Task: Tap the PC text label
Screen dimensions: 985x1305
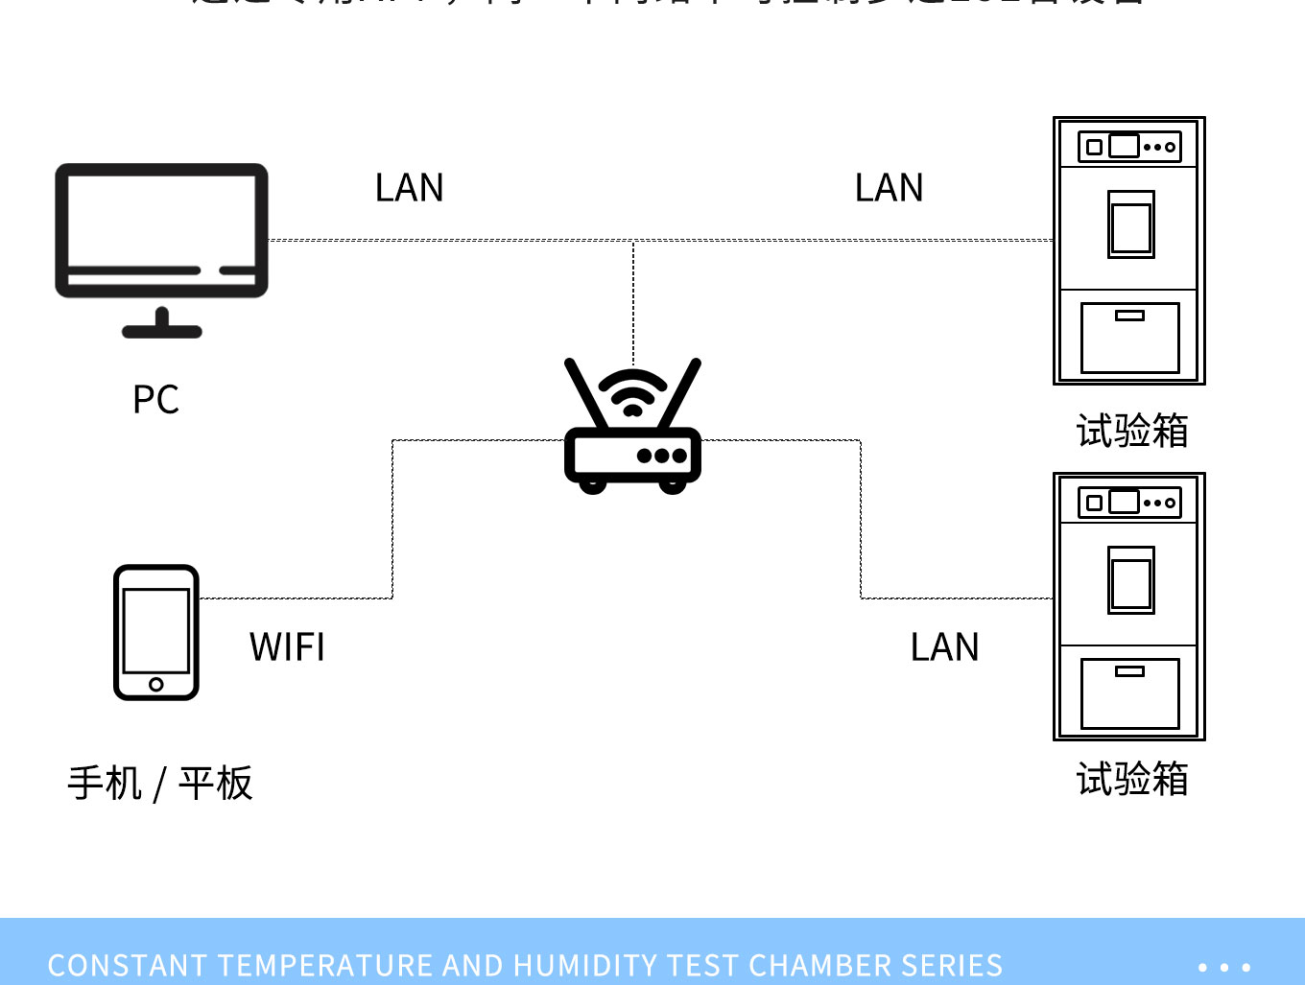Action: pos(155,400)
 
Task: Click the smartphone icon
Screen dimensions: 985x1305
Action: pos(156,632)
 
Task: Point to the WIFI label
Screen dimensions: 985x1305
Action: pos(287,647)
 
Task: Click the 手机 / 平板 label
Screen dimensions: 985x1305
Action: pos(160,784)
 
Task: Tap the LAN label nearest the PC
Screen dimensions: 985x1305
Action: pos(410,188)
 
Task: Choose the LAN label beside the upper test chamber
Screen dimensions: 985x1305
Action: pos(890,188)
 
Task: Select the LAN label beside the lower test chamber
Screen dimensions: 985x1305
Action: pos(945,647)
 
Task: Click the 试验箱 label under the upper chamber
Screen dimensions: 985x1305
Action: pos(1132,432)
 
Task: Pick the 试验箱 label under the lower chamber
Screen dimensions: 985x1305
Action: pos(1132,779)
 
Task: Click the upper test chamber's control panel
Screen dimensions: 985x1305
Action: pos(1129,147)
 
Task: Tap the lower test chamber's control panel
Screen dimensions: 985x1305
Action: pos(1129,503)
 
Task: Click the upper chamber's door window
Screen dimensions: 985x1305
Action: pos(1131,225)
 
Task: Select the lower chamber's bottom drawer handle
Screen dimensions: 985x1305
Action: pos(1129,671)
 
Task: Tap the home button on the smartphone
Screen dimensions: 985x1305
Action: pos(156,684)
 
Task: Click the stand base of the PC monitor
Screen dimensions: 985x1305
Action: pos(162,332)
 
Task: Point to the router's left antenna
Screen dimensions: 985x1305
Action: pos(586,393)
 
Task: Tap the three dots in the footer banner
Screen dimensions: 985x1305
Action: pos(1224,967)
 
